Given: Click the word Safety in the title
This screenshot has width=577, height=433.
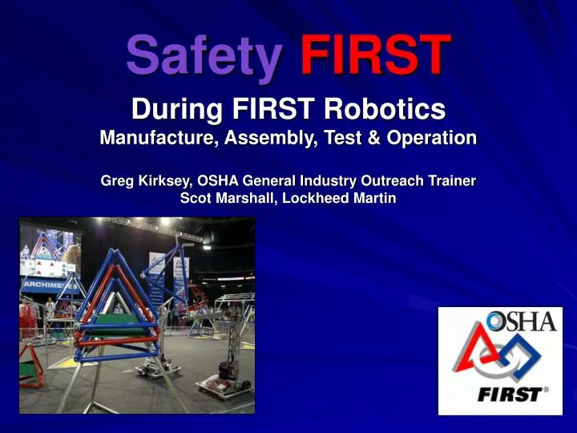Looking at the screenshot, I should pos(204,54).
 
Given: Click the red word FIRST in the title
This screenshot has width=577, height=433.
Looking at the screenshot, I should pos(373,54).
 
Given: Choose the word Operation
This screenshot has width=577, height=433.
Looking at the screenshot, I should pos(432,137).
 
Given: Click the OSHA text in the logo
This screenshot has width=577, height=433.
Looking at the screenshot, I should pos(522,322).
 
